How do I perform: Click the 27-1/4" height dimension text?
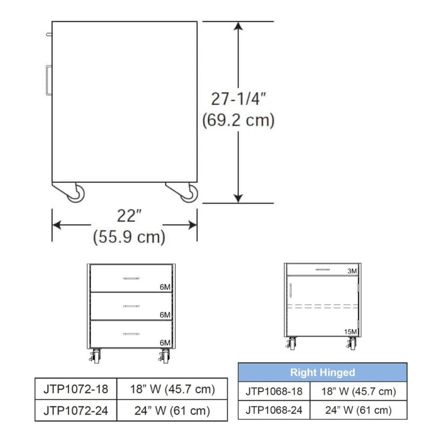point(238,99)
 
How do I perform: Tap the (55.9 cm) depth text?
point(129,237)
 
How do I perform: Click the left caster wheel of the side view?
point(76,194)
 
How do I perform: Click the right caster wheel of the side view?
point(189,194)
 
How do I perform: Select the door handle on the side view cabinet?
point(49,80)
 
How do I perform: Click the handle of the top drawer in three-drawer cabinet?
point(131,278)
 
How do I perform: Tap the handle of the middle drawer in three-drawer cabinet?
point(131,306)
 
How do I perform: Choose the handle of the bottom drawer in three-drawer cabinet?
point(131,334)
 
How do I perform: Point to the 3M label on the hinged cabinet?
point(352,271)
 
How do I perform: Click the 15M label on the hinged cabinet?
point(351,332)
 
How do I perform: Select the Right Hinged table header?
point(323,372)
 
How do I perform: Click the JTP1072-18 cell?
point(76,389)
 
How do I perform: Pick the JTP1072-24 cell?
point(76,410)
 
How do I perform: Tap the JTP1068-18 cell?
point(274,391)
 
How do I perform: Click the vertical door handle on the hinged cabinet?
point(290,289)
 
